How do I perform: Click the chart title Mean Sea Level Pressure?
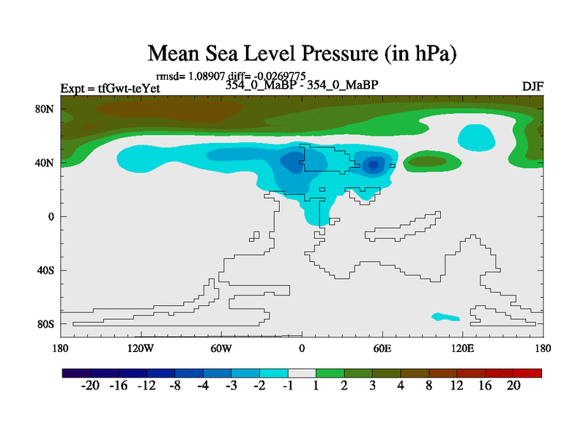(x=302, y=54)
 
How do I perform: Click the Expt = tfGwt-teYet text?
(x=110, y=89)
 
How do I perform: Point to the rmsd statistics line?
(x=231, y=76)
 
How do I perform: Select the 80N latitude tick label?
(x=45, y=109)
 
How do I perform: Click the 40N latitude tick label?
(x=45, y=163)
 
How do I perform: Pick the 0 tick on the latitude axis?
(x=51, y=216)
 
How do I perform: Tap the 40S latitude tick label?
(x=45, y=271)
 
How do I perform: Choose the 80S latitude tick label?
(x=45, y=324)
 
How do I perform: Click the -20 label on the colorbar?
(x=90, y=386)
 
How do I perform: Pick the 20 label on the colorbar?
(x=513, y=386)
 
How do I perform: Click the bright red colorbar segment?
(x=528, y=373)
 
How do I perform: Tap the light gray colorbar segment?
(x=302, y=373)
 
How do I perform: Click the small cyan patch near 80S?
(x=445, y=317)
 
